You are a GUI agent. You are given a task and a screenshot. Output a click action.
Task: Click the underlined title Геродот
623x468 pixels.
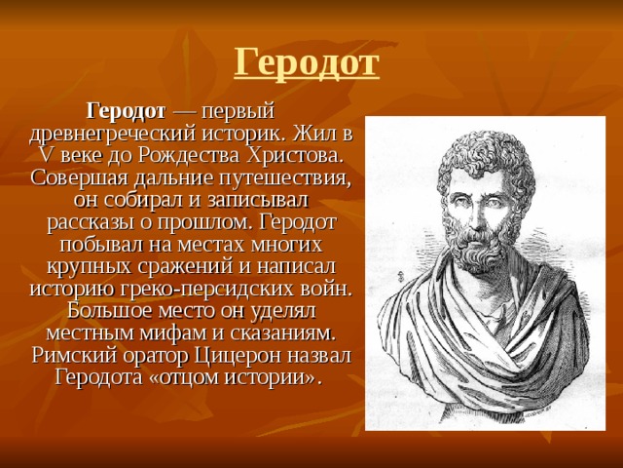[307, 63]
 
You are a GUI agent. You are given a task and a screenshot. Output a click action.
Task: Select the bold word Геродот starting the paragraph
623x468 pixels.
[127, 111]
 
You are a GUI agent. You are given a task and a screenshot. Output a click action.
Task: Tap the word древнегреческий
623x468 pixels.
[113, 135]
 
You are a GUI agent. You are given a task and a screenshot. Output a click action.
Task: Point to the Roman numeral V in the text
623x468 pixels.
[46, 156]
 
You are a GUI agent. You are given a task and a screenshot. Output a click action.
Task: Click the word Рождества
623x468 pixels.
[189, 156]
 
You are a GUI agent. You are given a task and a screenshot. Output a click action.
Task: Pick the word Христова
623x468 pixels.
[295, 156]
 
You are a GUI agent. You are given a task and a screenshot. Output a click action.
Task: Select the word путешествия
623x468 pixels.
[285, 178]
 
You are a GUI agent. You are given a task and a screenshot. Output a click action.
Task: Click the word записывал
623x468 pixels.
[257, 200]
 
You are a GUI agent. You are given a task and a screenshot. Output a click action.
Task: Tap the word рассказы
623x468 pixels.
[91, 223]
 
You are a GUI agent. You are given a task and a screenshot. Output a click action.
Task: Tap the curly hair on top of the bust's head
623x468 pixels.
[484, 151]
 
